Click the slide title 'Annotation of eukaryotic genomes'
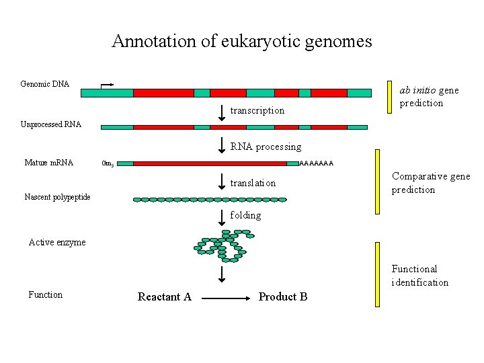click(241, 42)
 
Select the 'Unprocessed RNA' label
click(51, 124)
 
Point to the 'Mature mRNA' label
click(48, 162)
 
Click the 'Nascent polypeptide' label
click(57, 197)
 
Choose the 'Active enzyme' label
click(57, 243)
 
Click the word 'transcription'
click(257, 110)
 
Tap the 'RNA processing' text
click(266, 147)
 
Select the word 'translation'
click(253, 183)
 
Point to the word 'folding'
click(245, 215)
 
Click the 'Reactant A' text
click(165, 297)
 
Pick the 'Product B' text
click(283, 297)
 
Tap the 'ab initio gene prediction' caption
click(429, 96)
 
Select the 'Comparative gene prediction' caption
click(431, 183)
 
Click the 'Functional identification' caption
click(420, 276)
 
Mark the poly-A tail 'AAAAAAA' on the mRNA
click(316, 163)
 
